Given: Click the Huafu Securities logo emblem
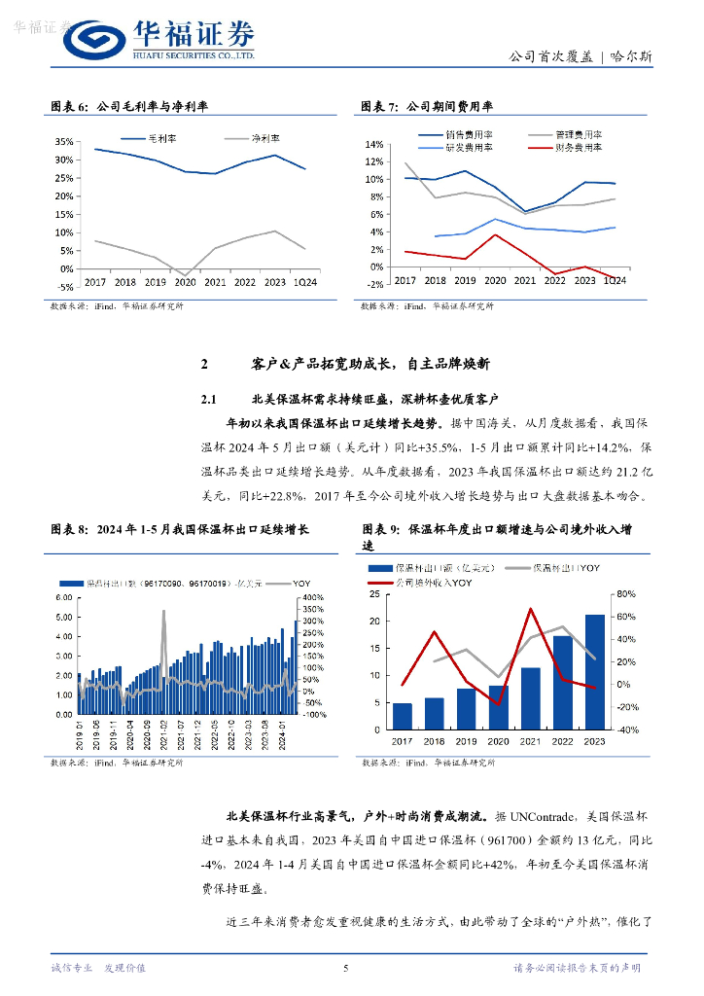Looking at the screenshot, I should pos(96,42).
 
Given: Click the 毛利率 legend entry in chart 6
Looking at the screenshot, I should pos(161,139).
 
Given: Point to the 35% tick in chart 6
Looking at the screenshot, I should pos(64,141).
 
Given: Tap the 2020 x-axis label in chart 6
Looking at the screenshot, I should pos(185,282).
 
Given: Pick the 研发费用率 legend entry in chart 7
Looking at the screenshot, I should pos(469,147).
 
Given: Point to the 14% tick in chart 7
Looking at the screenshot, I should pos(374,144).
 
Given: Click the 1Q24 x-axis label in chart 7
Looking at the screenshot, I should pos(614,280).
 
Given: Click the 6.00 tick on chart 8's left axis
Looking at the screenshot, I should pos(65,597).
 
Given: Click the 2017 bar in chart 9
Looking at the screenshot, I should pos(403,716).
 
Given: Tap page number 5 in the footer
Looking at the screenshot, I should pos(346,968).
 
